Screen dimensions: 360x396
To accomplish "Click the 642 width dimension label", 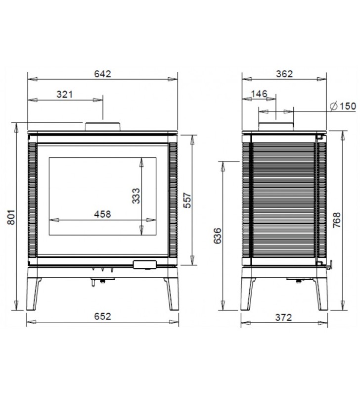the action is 102,74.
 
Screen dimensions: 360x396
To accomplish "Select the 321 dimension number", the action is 65,95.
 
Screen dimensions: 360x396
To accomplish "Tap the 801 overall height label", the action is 11,217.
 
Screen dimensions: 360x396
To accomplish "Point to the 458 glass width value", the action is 102,214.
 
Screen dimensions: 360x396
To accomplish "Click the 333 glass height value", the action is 136,196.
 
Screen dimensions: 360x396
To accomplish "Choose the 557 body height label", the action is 187,200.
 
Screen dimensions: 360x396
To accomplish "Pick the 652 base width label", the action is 102,316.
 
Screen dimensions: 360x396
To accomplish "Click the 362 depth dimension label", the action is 284,74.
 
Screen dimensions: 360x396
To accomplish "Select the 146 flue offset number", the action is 259,94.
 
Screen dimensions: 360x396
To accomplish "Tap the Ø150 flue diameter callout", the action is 343,106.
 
